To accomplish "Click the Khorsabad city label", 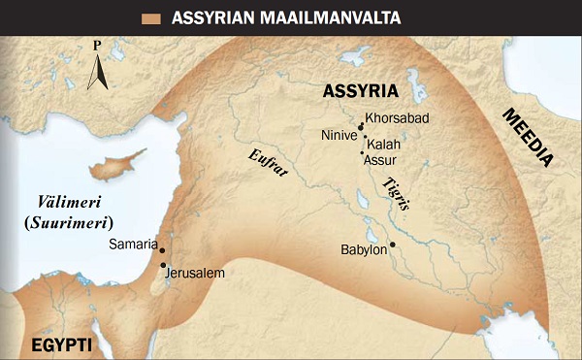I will [397, 118].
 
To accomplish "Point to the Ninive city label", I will [339, 136].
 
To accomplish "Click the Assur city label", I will [378, 159].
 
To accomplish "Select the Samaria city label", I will [133, 245].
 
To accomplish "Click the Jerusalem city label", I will [196, 273].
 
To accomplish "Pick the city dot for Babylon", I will [393, 244].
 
